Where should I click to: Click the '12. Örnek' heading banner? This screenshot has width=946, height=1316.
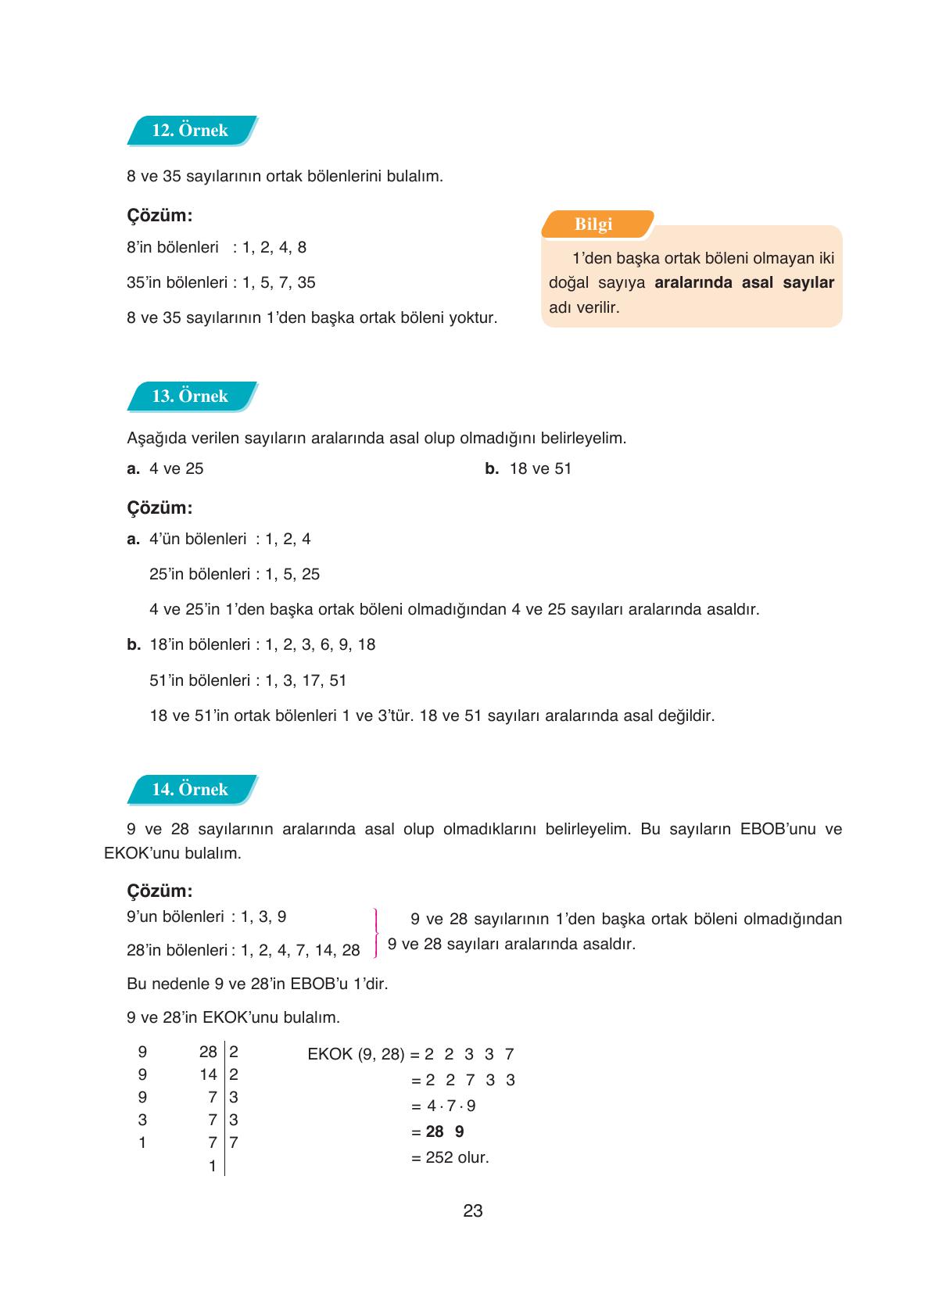(191, 131)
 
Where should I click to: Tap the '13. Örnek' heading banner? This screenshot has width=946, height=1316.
(191, 396)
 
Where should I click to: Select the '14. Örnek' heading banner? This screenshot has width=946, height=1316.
(191, 790)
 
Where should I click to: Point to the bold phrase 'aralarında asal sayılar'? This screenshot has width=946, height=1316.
(744, 283)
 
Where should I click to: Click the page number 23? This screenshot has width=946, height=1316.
(472, 1211)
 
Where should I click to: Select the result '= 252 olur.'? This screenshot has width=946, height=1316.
(450, 1157)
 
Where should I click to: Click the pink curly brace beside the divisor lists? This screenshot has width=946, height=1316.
(376, 933)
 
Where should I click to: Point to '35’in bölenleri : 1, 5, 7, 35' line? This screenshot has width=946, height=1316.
(220, 283)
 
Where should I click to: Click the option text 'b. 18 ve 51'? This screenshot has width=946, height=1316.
(529, 469)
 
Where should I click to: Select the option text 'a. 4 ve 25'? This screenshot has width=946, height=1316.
(165, 469)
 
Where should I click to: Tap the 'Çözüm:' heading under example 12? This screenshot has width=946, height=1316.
(159, 215)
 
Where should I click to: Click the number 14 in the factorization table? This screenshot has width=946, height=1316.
(208, 1075)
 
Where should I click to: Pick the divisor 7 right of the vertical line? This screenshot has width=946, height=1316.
(233, 1142)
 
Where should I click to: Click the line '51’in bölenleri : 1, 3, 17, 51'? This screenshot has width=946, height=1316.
(247, 680)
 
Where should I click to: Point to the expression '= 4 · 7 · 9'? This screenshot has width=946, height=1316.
(443, 1106)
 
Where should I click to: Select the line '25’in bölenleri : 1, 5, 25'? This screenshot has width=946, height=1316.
(234, 574)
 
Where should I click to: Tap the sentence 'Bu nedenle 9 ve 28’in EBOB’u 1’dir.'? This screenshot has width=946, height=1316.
(256, 984)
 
